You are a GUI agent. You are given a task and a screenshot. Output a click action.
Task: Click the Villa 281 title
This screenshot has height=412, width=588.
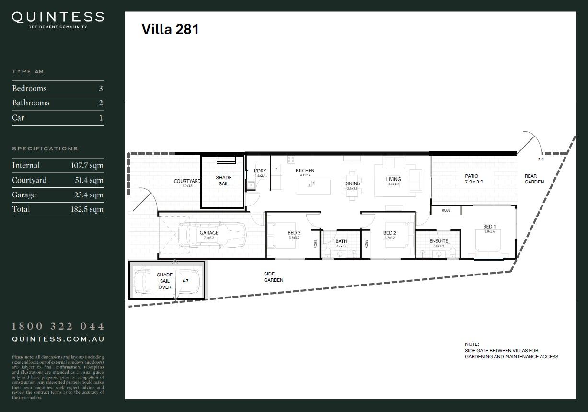point(170,30)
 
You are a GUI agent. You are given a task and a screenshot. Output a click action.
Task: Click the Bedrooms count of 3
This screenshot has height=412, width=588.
point(101,89)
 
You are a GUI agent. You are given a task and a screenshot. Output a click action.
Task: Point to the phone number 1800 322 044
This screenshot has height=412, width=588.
point(58,327)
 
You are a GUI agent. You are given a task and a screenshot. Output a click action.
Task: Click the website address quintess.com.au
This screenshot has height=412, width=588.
point(58,339)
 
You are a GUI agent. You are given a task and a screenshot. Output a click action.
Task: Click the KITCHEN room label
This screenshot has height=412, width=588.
point(305,171)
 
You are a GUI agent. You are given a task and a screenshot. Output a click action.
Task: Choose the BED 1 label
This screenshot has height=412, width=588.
point(489,227)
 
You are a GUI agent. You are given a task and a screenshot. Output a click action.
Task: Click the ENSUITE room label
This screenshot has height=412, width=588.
point(438,241)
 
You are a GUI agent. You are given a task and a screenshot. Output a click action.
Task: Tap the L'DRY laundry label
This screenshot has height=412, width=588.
point(260,171)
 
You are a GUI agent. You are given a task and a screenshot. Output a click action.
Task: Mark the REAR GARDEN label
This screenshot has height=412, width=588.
point(534,179)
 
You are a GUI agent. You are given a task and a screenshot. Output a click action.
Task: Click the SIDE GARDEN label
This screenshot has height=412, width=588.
point(273,277)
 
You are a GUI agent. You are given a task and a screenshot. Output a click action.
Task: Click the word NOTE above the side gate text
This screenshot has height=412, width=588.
point(472,344)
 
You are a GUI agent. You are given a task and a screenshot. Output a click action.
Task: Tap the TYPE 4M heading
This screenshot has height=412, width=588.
point(28,72)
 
